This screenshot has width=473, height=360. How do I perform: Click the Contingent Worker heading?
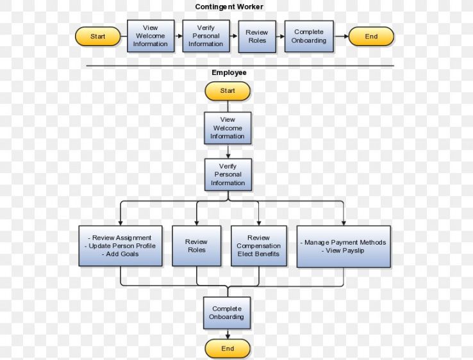[229, 7]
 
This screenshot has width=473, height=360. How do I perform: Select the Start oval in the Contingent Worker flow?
[98, 37]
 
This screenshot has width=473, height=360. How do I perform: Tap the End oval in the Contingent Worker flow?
[371, 37]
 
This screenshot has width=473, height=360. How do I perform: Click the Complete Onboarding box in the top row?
[309, 37]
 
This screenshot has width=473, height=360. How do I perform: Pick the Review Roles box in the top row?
[257, 37]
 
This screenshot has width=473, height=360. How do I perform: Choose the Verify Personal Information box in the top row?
[206, 36]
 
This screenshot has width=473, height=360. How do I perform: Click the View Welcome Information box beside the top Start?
[151, 36]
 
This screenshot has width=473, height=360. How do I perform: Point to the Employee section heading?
[229, 73]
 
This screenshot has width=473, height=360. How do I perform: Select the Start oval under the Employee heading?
[228, 91]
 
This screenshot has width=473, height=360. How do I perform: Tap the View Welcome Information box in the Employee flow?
[228, 128]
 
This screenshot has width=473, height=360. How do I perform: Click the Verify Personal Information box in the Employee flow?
[228, 175]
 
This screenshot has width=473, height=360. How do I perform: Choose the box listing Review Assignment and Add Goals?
[120, 246]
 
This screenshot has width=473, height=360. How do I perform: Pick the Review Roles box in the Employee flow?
[197, 246]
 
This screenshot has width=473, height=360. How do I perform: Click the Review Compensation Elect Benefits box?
[258, 246]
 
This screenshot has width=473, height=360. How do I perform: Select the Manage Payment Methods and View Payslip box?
[344, 246]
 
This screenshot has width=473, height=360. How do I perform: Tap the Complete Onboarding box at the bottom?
[227, 313]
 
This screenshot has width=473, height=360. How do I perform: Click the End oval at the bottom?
[228, 348]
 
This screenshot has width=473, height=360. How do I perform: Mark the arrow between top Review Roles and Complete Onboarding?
[280, 37]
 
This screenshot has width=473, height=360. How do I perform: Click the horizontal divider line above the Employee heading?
[240, 65]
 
